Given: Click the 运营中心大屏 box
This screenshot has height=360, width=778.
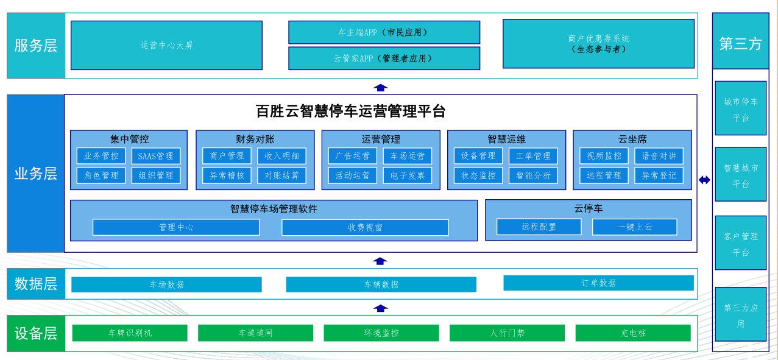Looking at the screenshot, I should (166, 45).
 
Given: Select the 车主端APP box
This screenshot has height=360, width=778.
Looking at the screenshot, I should (384, 32).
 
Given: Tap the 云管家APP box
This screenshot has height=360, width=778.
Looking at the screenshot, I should (384, 58).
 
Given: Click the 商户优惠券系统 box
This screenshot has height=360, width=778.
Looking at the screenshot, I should (598, 44).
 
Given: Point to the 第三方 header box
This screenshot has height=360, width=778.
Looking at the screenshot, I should (740, 44).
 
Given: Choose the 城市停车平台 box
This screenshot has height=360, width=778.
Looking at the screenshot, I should (740, 110).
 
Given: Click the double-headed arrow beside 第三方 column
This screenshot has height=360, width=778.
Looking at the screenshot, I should (704, 180).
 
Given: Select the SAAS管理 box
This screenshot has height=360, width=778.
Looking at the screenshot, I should (155, 156).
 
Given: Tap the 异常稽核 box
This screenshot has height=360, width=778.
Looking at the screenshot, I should (227, 175).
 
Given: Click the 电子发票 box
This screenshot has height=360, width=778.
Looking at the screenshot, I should (408, 175).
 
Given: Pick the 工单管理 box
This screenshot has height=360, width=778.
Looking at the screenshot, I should (533, 156).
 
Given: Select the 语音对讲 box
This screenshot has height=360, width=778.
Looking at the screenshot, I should (659, 156).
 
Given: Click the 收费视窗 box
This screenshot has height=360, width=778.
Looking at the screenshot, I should (365, 227).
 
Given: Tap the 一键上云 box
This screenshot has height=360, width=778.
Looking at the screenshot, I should (634, 227).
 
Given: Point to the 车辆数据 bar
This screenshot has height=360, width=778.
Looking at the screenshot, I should (381, 284).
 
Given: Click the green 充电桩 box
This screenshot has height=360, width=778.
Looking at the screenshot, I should (632, 333).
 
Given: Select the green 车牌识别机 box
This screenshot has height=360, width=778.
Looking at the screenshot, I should (130, 333).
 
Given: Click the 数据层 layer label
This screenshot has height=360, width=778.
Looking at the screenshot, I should (36, 284).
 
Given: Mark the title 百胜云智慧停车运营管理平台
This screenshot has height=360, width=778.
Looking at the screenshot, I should (350, 111).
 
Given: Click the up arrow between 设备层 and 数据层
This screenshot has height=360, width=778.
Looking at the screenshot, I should (380, 308).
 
